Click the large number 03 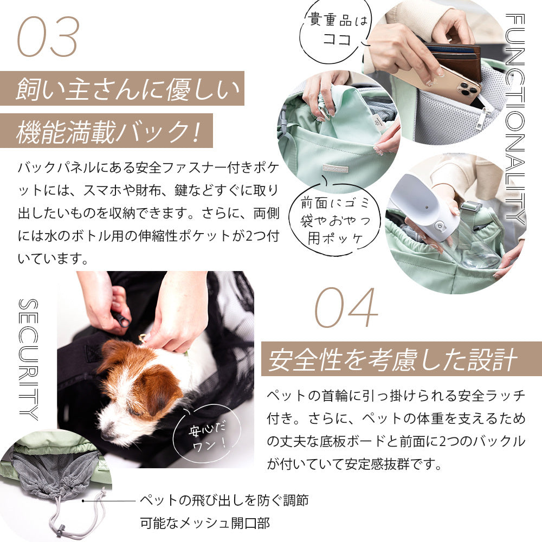(48, 37)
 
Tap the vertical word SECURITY (28, 359)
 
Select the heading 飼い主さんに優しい (127, 89)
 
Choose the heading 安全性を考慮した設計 (392, 359)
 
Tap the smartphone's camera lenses (467, 88)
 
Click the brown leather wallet (455, 59)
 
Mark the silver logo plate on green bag (337, 168)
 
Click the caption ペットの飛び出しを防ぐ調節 (224, 500)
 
